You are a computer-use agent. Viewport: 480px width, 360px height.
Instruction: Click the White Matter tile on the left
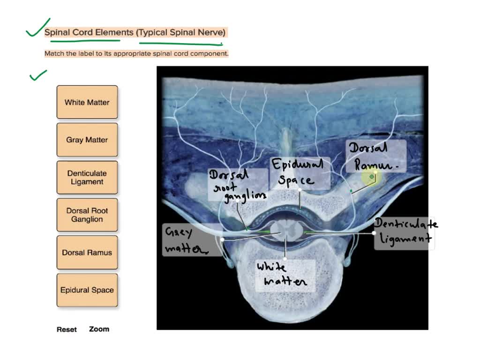(x=87, y=102)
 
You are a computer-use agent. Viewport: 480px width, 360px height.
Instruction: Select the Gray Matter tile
(x=87, y=140)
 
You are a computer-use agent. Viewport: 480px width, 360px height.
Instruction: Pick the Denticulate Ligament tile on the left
(x=87, y=178)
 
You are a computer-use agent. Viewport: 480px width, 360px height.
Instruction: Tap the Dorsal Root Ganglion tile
(x=87, y=215)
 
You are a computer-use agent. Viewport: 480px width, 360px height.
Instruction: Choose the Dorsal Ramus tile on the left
(x=87, y=253)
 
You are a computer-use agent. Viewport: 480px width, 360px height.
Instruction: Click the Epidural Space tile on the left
(x=87, y=290)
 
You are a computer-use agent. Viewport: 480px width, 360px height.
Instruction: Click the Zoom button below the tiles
(x=99, y=329)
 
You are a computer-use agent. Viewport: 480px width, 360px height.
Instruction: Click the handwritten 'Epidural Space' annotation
(x=298, y=172)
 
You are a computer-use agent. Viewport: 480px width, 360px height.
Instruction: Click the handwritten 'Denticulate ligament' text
(x=406, y=231)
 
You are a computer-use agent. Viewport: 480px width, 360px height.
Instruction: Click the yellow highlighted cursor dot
(x=372, y=177)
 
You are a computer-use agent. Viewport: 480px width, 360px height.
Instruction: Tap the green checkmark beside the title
(x=37, y=29)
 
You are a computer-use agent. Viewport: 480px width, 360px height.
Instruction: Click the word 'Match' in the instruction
(x=54, y=54)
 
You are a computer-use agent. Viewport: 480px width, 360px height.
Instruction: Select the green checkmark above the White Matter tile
(x=38, y=75)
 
